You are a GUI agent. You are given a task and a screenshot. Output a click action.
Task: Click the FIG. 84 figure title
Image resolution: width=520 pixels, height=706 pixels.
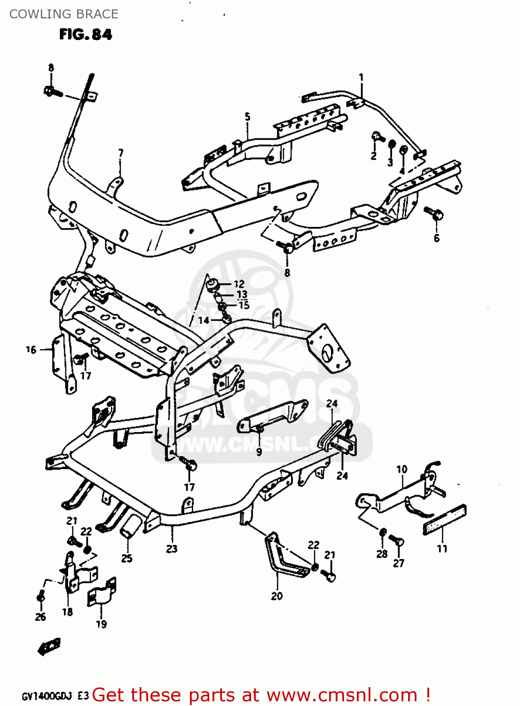86,34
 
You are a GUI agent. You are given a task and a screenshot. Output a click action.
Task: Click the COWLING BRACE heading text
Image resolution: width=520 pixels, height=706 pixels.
64,14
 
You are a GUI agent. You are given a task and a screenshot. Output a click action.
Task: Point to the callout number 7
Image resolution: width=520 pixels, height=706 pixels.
121,153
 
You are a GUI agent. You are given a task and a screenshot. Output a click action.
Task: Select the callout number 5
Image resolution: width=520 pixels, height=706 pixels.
247,117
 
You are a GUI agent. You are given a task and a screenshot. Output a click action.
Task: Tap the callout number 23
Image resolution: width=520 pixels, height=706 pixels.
172,548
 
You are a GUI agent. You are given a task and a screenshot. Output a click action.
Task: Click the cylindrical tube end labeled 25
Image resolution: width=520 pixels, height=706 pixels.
130,526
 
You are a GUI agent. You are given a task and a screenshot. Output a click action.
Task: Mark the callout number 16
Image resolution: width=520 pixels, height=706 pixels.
31,350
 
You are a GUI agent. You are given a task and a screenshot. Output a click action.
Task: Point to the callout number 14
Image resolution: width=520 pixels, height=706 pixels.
204,321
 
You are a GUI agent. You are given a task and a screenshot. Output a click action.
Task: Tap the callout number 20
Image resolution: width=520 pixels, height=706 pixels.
277,596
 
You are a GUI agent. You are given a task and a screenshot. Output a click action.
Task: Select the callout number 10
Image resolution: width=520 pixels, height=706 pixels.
402,469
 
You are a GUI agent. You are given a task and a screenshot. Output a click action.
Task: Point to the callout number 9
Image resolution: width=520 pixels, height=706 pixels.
259,452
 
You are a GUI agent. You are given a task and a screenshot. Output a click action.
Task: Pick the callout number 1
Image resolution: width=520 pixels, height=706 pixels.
361,77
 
